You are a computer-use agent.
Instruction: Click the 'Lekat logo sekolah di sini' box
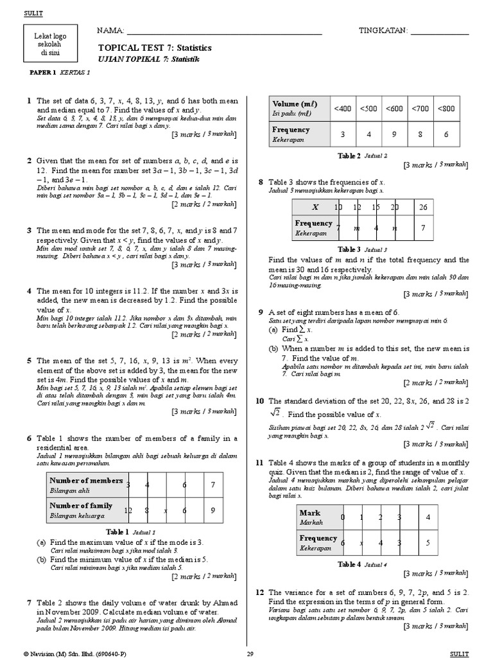[x=46, y=44]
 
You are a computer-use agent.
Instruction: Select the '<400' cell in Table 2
[x=342, y=109]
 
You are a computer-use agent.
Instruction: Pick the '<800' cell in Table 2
[x=446, y=109]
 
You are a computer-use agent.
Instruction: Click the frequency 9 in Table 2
[x=394, y=134]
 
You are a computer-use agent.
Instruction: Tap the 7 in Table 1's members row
[x=212, y=485]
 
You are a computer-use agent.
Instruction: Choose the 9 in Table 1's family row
[x=212, y=510]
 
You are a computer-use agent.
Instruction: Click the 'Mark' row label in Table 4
[x=310, y=513]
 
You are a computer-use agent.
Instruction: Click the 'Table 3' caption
[x=350, y=249]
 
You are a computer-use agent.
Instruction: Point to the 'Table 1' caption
[x=119, y=531]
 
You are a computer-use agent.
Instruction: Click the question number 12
[x=260, y=592]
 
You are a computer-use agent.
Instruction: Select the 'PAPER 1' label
[x=44, y=73]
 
